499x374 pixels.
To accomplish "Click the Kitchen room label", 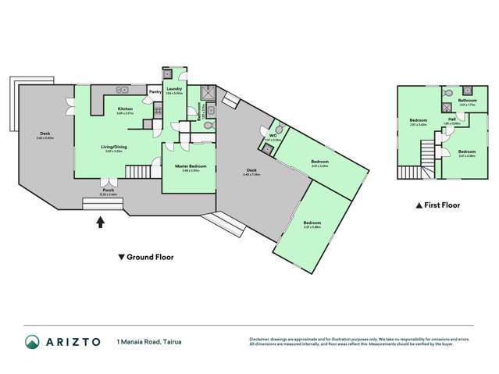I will [x=125, y=109].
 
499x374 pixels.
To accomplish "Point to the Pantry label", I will [x=155, y=91].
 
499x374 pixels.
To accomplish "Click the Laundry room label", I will [x=174, y=88].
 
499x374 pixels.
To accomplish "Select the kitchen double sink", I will [x=123, y=88].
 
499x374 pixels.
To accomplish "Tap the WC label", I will [x=273, y=136].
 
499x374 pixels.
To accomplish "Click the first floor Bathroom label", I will [x=467, y=100].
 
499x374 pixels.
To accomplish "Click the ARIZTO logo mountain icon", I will [x=33, y=341].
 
